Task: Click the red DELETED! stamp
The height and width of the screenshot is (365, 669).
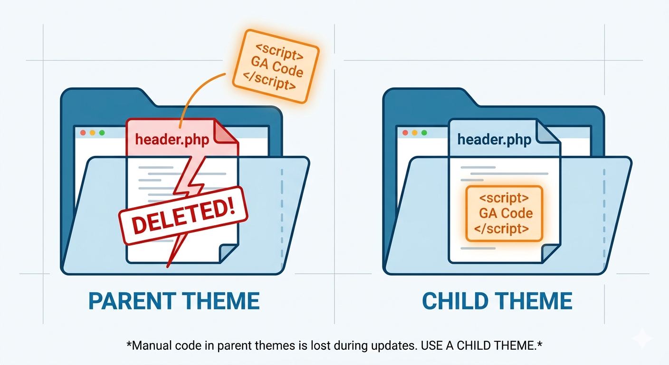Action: [x=183, y=216]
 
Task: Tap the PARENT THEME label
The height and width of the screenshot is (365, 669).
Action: [x=174, y=301]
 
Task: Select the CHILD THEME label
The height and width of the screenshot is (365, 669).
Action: [x=497, y=301]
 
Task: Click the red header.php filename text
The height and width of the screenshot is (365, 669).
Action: [x=172, y=140]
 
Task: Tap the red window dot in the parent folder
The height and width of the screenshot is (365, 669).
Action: [x=83, y=133]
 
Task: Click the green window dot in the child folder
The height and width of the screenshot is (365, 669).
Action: [x=424, y=133]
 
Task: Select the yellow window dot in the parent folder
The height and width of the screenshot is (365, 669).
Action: [x=92, y=133]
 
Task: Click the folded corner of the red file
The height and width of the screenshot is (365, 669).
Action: [x=226, y=131]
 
